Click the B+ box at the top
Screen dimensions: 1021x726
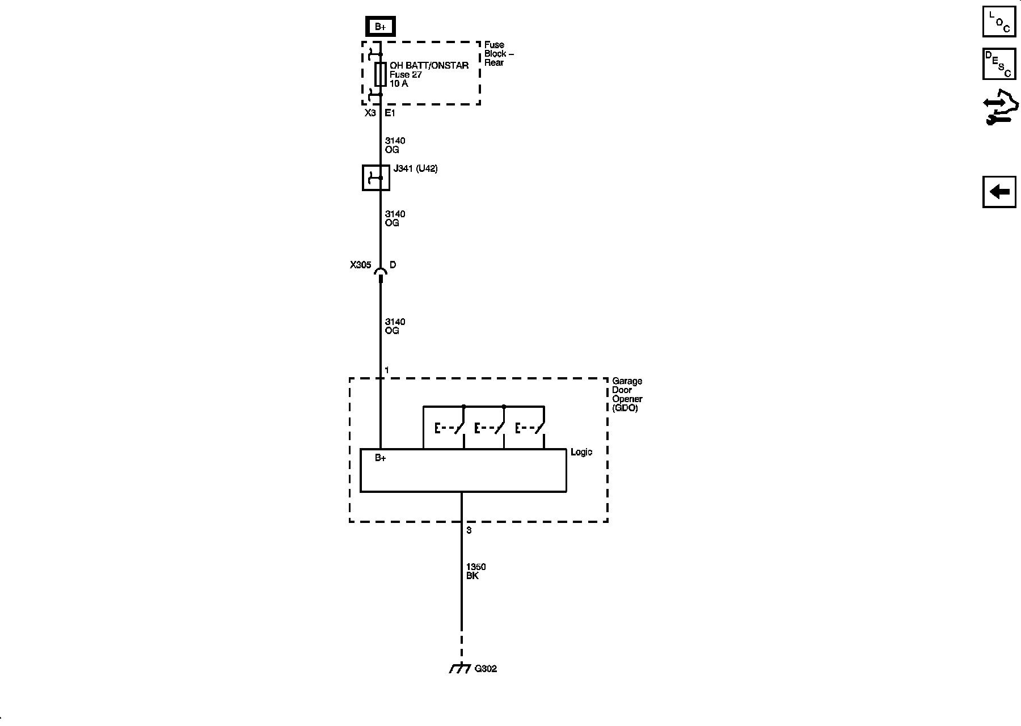coord(380,27)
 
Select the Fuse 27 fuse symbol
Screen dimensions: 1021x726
coord(381,74)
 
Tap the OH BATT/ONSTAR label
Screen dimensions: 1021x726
coord(429,66)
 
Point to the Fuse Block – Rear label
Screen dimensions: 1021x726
coord(499,54)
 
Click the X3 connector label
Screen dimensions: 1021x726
coord(370,113)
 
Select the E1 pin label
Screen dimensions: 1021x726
coord(390,113)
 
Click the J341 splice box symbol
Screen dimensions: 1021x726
coord(376,178)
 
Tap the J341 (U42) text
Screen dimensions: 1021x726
coord(415,169)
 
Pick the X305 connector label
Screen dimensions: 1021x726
coord(360,265)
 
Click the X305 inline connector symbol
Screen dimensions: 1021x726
coord(381,275)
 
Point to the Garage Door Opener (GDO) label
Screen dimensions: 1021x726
coord(627,394)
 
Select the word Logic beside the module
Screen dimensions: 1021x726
coord(581,452)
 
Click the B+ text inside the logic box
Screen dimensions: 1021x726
coord(380,458)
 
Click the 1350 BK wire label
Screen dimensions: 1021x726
coord(475,571)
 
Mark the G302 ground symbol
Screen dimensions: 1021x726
coord(459,669)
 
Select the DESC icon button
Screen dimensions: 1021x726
coord(999,64)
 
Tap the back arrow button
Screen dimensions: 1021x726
coord(999,192)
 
